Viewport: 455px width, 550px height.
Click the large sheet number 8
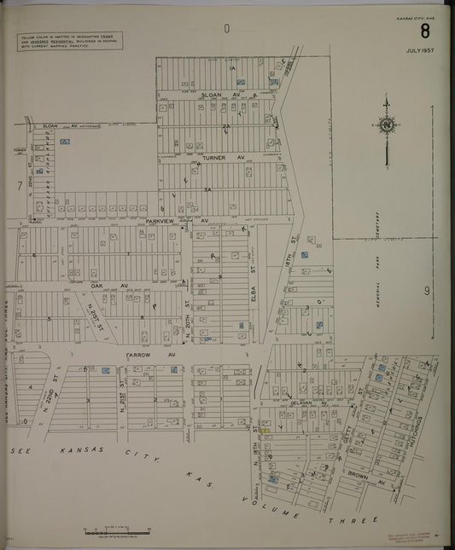point(424,32)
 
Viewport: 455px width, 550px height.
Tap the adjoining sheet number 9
point(426,292)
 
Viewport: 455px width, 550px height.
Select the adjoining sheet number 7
point(19,185)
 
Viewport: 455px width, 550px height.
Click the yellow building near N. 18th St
point(265,430)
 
